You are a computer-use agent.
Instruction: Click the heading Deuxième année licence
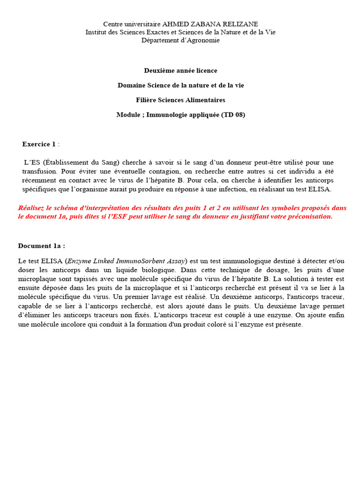(x=180, y=70)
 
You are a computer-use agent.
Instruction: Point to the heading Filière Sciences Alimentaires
(x=180, y=100)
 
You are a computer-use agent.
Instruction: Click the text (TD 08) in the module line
(x=233, y=114)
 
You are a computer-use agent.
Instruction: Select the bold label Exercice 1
(x=39, y=144)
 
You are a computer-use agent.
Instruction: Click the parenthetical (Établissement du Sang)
(x=84, y=162)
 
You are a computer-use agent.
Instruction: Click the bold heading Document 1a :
(x=42, y=246)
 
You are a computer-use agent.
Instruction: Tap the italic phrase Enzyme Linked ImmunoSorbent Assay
(x=126, y=261)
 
